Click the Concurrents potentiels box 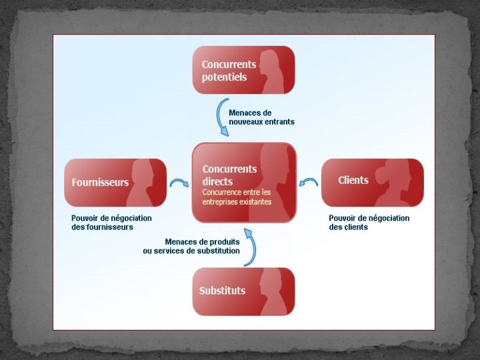243,71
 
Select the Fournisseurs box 115,182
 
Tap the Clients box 372,182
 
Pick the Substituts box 243,291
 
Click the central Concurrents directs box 243,182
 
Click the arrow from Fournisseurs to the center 179,182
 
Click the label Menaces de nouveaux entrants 261,117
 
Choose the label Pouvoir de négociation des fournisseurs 111,223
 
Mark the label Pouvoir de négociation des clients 369,223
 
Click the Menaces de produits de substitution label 191,246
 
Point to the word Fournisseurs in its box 100,182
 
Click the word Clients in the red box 353,180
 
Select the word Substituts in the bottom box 222,291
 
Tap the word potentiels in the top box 224,77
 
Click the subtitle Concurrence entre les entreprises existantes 237,197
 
